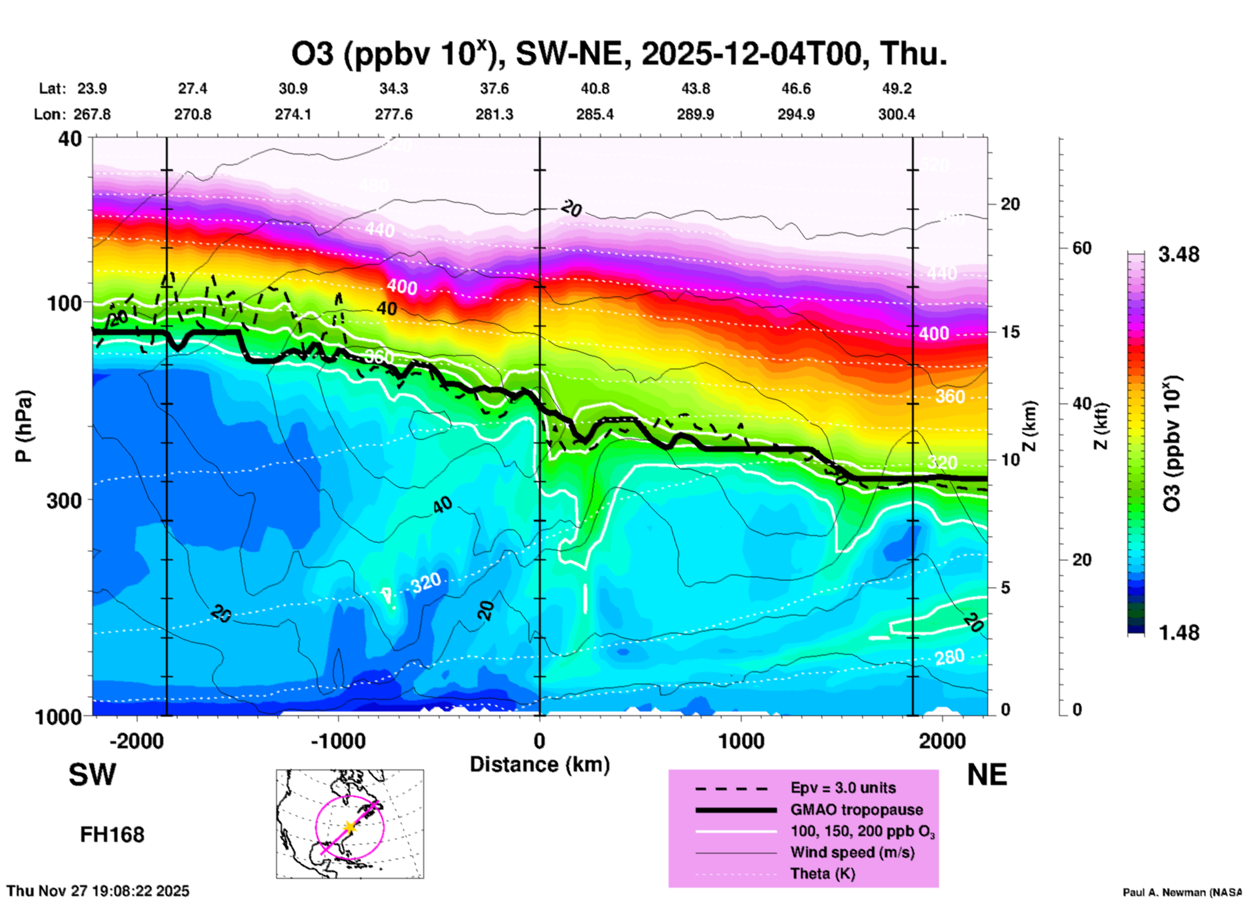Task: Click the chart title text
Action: [x=619, y=54]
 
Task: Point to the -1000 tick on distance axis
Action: [x=338, y=741]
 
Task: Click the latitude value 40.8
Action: [x=594, y=88]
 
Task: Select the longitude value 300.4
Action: [x=896, y=114]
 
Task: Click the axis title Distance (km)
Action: [x=540, y=764]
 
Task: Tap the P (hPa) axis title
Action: [x=24, y=426]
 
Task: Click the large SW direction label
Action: [x=92, y=775]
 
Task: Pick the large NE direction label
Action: [x=987, y=775]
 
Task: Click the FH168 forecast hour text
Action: [x=112, y=835]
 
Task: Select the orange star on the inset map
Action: [x=349, y=827]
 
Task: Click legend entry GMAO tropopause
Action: [x=856, y=810]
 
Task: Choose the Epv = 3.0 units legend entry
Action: [x=843, y=788]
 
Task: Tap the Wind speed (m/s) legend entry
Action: [x=852, y=853]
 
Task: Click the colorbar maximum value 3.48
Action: [x=1178, y=254]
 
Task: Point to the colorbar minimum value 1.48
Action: [x=1178, y=632]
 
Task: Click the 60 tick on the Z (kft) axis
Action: [x=1082, y=248]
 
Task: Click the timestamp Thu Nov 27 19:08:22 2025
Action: [x=98, y=891]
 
